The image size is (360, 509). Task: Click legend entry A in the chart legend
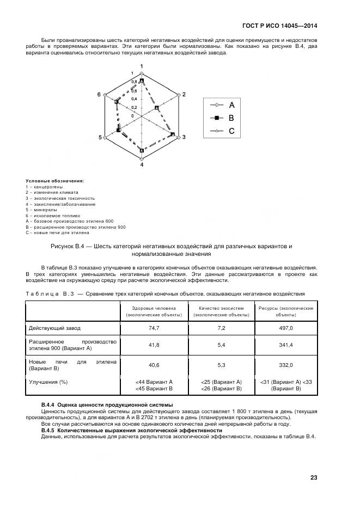coord(231,105)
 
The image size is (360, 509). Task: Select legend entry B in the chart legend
coord(231,118)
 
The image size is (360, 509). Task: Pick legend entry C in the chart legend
coord(231,131)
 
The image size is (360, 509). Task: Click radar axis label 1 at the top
coord(142,66)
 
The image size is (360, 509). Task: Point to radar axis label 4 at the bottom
coord(142,164)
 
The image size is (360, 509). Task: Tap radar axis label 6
coord(99,95)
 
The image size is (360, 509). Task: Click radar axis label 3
coord(184,137)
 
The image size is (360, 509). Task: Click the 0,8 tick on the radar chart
coord(134,82)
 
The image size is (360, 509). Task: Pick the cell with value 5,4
coord(221,345)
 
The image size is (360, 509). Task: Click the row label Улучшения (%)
coord(48,382)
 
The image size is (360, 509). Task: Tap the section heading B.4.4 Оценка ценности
coord(107,405)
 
